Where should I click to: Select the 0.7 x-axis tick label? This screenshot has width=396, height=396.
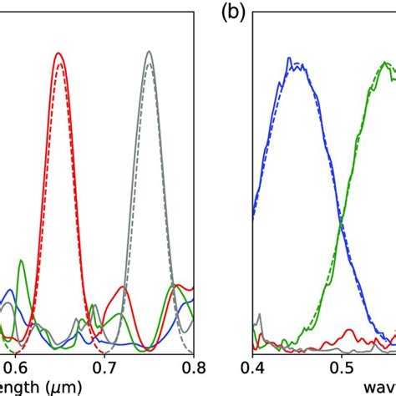point(104,365)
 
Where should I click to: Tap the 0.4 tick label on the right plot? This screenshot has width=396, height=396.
point(252,365)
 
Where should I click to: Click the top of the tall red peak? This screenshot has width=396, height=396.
point(58,53)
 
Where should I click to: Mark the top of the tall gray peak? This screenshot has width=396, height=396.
point(149,52)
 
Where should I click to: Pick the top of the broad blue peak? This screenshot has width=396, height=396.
point(289,59)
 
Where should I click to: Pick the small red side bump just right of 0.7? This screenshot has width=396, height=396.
point(124,287)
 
